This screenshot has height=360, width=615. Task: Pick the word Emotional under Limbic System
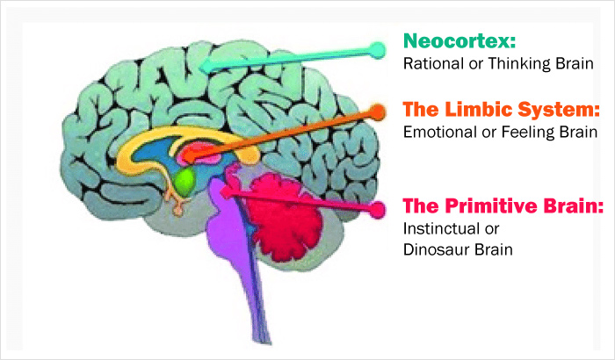pos(439,133)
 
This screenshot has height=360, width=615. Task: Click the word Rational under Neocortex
pos(433,64)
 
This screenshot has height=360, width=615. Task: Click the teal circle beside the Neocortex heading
pos(378,49)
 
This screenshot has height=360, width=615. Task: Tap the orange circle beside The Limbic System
pos(378,112)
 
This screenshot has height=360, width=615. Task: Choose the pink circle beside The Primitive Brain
pos(378,210)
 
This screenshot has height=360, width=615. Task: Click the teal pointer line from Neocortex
pos(290,58)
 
